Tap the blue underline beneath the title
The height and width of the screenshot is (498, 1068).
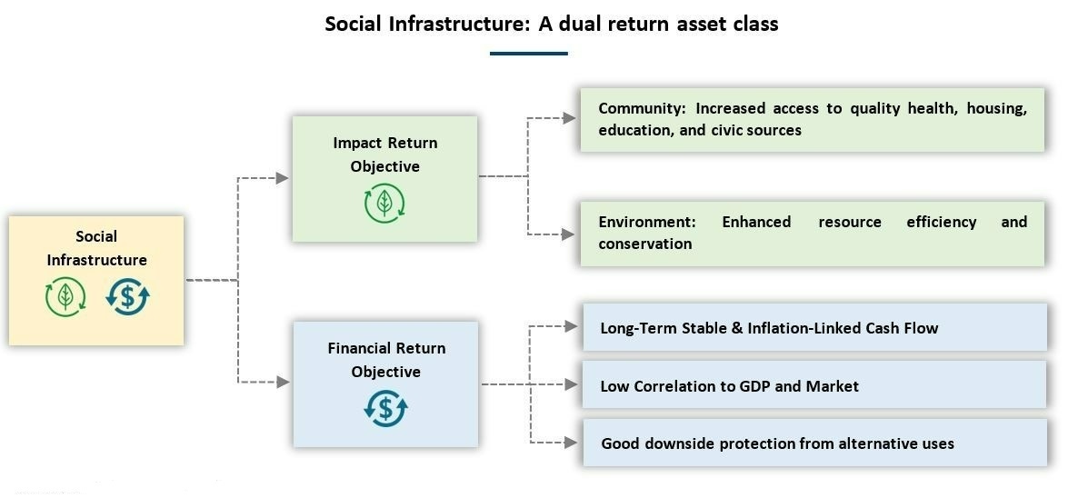(x=529, y=53)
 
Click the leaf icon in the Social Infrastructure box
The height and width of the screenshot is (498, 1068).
(x=65, y=297)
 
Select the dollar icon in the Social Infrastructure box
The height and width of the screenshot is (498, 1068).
(x=127, y=297)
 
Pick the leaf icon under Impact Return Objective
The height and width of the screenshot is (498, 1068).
(x=384, y=204)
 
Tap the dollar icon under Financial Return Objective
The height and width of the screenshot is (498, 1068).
(x=385, y=409)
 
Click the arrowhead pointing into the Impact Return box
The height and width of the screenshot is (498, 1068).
(x=283, y=178)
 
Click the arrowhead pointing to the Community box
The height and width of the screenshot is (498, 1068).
(x=569, y=118)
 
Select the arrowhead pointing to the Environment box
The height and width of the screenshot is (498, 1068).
(x=569, y=234)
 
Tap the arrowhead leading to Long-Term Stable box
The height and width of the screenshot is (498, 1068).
(x=572, y=326)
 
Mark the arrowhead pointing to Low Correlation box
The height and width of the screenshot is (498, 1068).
(x=572, y=384)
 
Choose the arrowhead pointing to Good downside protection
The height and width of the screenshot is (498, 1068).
(x=572, y=443)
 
